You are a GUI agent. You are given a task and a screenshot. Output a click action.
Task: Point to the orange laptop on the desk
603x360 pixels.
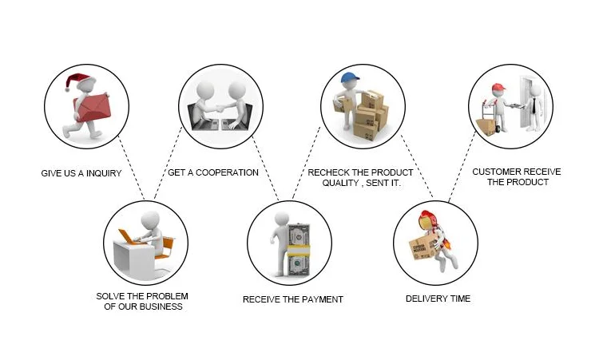pos(128,237)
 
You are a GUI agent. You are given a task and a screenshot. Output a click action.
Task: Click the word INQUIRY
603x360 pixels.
pos(101,173)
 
